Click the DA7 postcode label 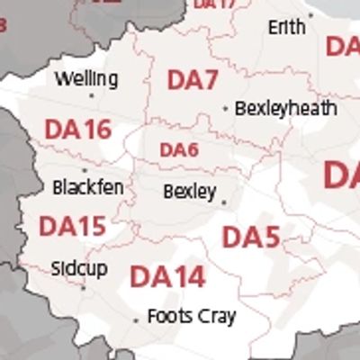193,80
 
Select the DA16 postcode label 78,130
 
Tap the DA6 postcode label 178,150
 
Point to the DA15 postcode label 72,226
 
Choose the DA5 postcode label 251,238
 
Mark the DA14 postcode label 167,276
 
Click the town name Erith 286,28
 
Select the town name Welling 85,79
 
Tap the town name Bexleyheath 285,109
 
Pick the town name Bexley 189,192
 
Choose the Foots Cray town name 191,317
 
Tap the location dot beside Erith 310,15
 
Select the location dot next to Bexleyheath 225,109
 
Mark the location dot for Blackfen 85,170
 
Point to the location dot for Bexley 223,202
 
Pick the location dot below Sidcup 83,288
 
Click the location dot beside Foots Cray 136,319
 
